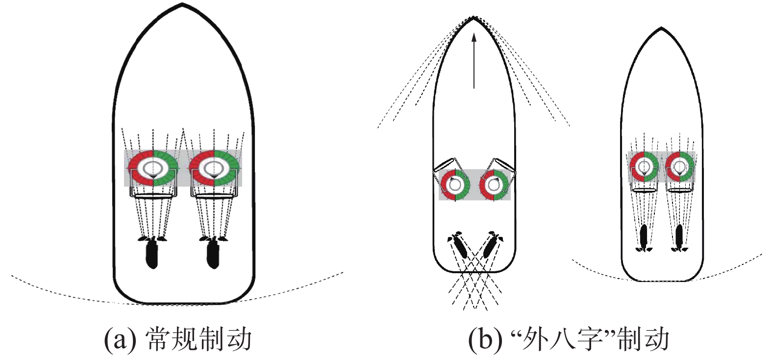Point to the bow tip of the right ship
(662, 27)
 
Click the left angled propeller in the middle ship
(459, 246)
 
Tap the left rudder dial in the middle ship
(455, 185)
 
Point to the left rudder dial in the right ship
(644, 167)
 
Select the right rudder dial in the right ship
(680, 167)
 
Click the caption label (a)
(121, 339)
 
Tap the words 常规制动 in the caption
(199, 339)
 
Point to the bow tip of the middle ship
(473, 18)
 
